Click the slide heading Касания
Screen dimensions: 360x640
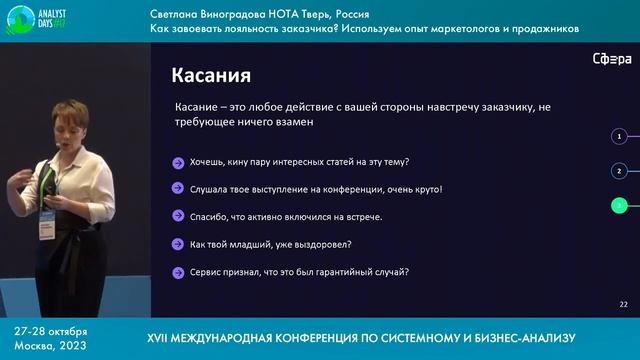(x=210, y=76)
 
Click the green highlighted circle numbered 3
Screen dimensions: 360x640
(x=620, y=206)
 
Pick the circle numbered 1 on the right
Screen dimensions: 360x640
(x=620, y=135)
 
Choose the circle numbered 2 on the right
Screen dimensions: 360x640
(x=620, y=171)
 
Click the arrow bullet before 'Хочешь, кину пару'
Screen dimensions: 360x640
(x=177, y=162)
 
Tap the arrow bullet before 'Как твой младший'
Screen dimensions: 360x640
(x=177, y=244)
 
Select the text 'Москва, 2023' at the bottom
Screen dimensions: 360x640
(x=50, y=344)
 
